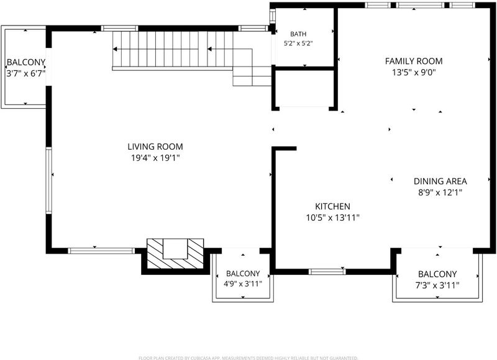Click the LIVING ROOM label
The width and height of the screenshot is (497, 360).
(155, 147)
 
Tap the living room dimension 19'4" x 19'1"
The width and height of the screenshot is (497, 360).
(155, 158)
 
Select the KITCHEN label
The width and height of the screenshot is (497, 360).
(332, 206)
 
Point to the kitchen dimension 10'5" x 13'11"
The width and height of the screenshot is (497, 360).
(332, 218)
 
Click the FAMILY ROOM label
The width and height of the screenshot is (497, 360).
(414, 61)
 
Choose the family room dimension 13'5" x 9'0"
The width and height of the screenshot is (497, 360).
(414, 72)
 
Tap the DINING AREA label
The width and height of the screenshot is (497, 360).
(440, 181)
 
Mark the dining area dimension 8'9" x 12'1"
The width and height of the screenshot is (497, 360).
(440, 192)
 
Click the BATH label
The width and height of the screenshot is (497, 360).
(298, 34)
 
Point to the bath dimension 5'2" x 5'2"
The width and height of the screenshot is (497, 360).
(298, 44)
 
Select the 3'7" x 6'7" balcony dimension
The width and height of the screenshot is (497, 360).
(25, 73)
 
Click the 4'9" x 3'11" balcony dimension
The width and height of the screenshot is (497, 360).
(243, 284)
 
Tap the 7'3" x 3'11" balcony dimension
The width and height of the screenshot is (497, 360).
(437, 285)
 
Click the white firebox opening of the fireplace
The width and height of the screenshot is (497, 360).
(175, 249)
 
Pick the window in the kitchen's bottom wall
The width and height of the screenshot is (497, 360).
(327, 272)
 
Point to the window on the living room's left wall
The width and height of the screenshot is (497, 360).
(48, 180)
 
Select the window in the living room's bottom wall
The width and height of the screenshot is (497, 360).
(101, 251)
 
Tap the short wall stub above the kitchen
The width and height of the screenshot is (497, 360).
(285, 148)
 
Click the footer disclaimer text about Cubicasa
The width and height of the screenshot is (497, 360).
(248, 358)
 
